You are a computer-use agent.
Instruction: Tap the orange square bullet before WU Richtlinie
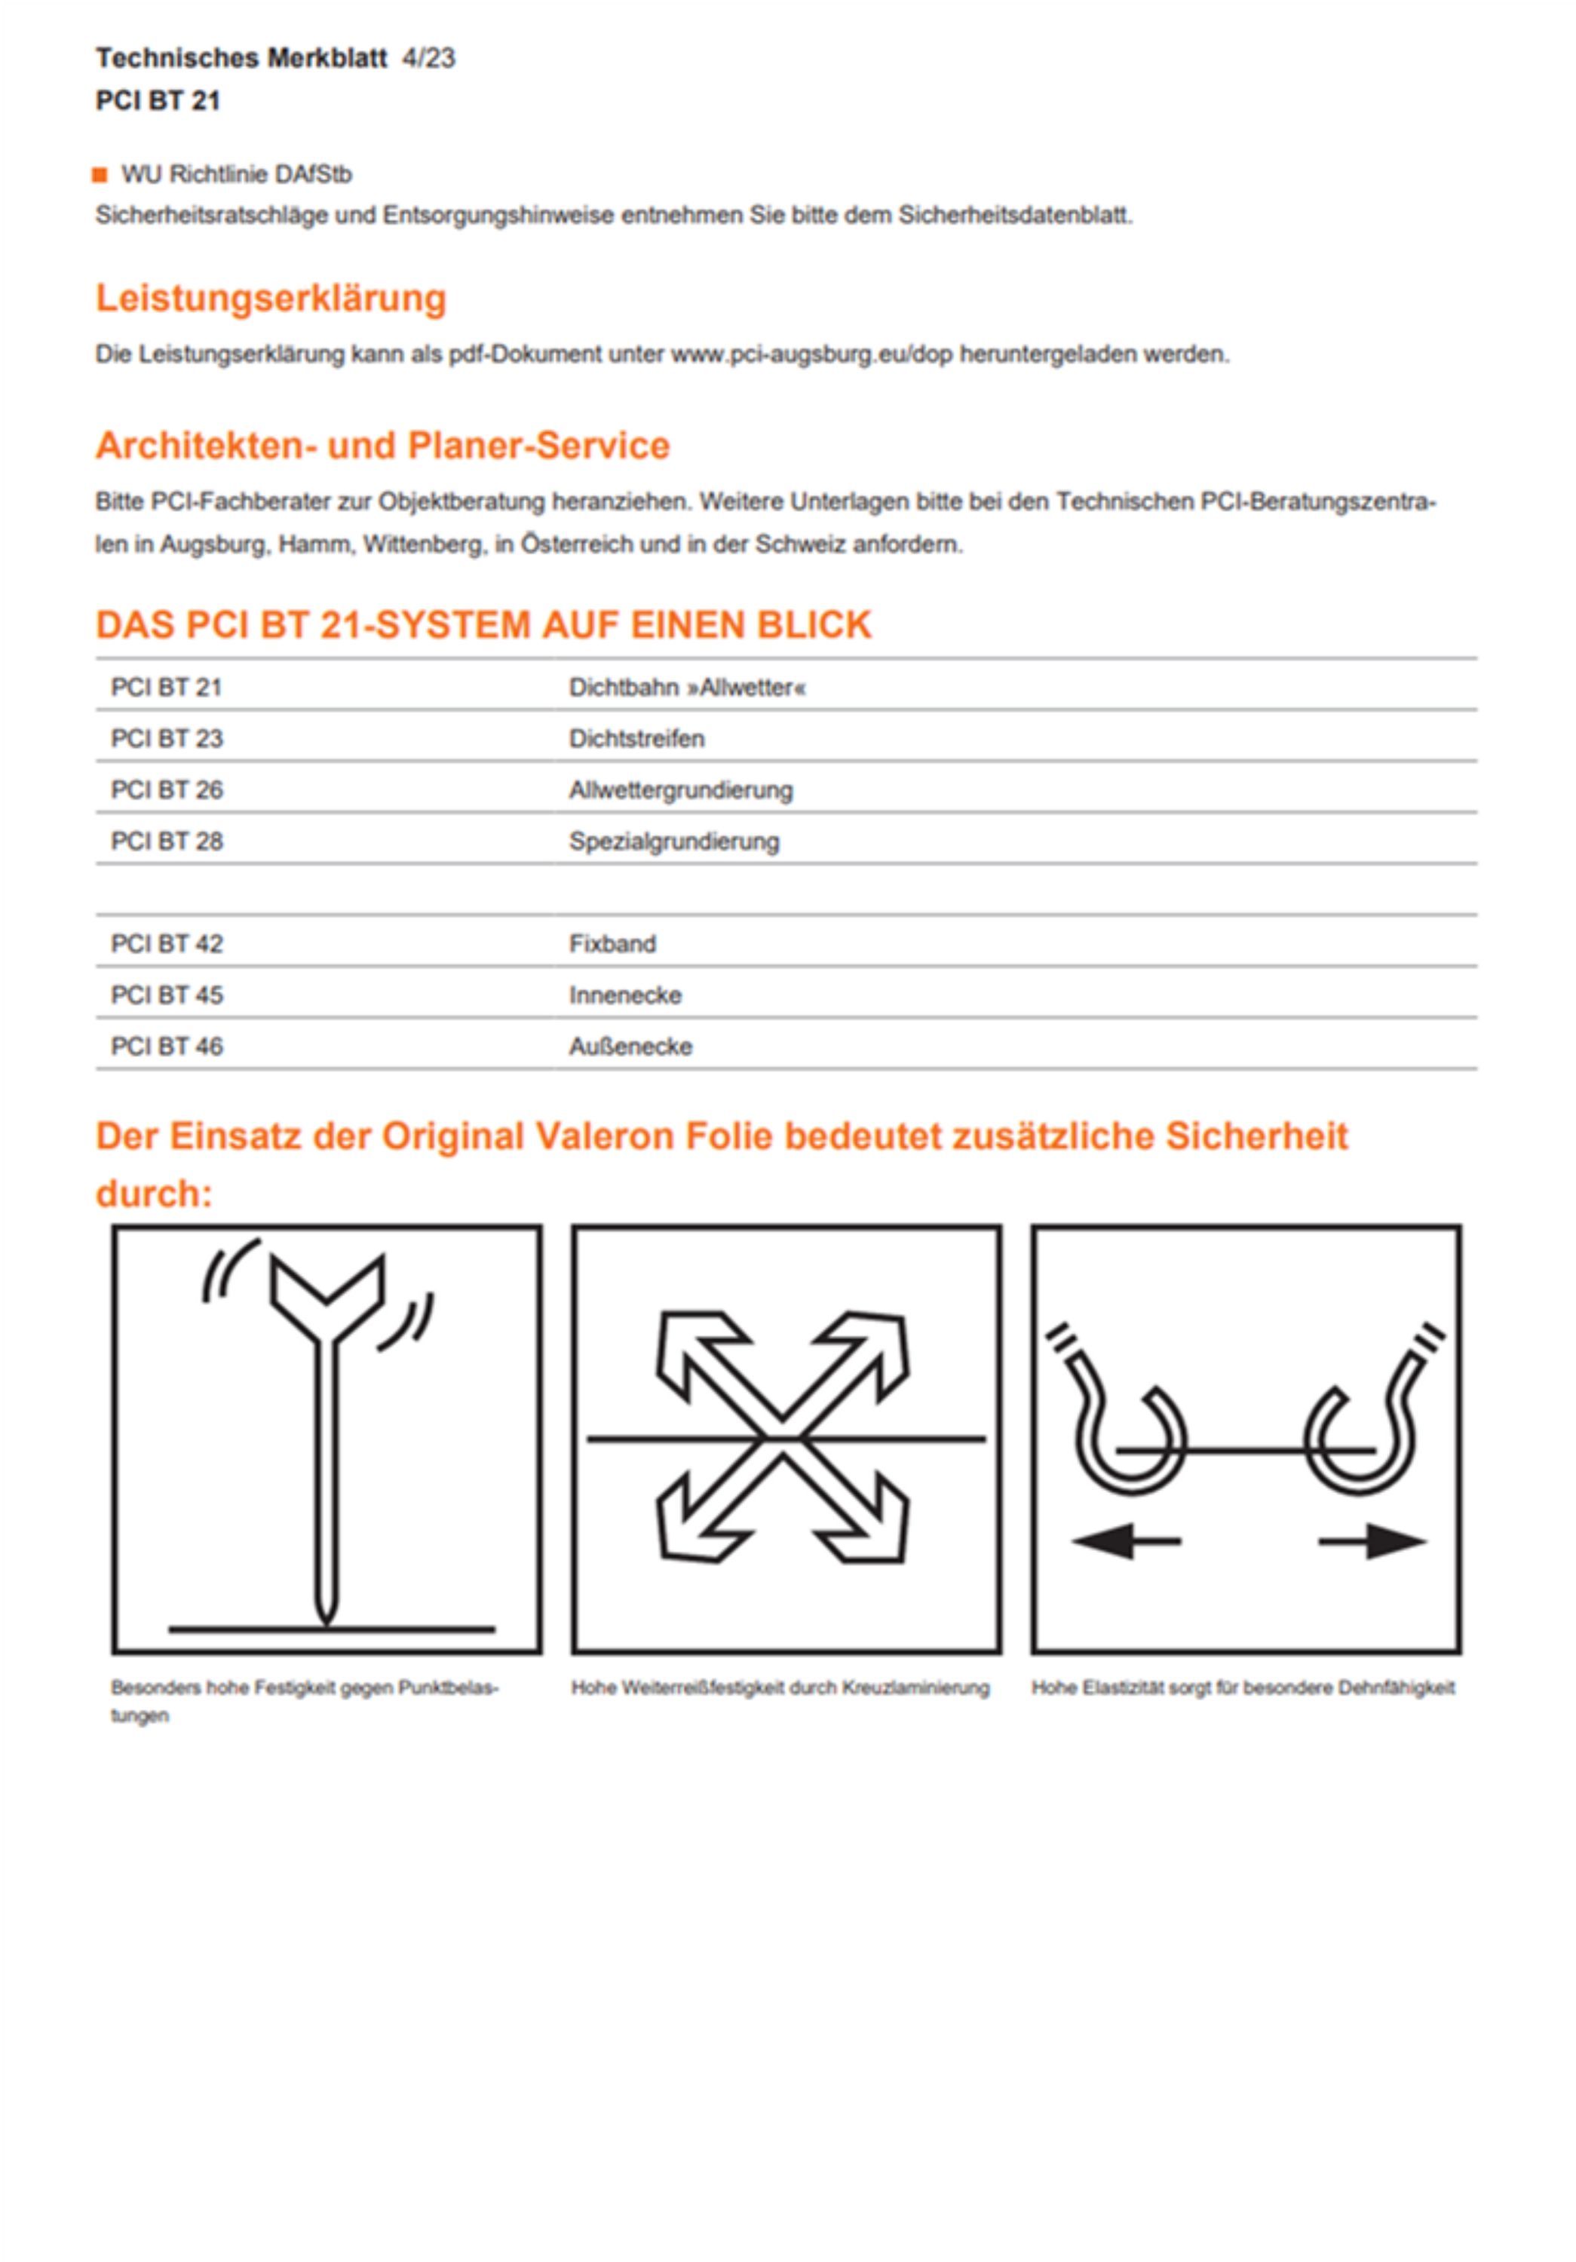(x=100, y=176)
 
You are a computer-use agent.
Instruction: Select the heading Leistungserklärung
(x=271, y=298)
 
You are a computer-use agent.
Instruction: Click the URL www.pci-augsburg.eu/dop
(x=811, y=354)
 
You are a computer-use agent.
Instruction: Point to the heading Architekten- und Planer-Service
(x=382, y=446)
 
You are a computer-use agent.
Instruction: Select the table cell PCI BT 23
(x=167, y=739)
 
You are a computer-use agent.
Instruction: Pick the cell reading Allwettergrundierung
(x=681, y=790)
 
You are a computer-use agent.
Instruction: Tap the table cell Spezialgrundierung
(x=673, y=841)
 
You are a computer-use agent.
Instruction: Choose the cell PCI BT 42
(x=167, y=944)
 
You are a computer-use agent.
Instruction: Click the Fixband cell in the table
(x=612, y=944)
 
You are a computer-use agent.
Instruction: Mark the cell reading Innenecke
(x=625, y=995)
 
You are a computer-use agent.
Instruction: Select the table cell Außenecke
(x=630, y=1047)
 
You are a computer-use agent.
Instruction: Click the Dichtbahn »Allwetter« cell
(x=686, y=688)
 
